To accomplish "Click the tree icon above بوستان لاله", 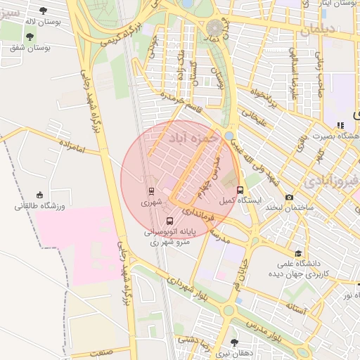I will pyautogui.click(x=43, y=11).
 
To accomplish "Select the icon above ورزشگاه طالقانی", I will pyautogui.click(x=39, y=195).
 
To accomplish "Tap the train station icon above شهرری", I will pyautogui.click(x=151, y=191).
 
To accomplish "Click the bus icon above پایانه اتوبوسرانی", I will pyautogui.click(x=167, y=221).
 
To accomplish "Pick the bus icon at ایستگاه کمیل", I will pyautogui.click(x=240, y=190).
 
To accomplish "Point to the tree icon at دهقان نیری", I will pyautogui.click(x=234, y=342).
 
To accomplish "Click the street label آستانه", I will pyautogui.click(x=295, y=307).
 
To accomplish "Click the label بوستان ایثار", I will pyautogui.click(x=334, y=4).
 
